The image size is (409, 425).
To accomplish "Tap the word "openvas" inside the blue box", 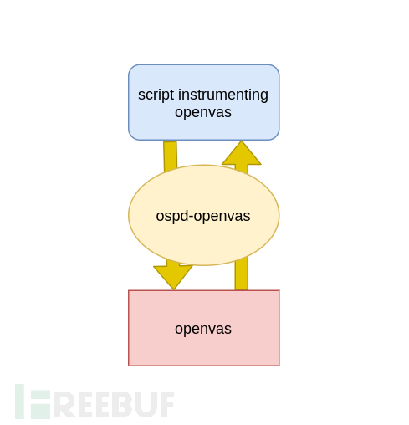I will (203, 112).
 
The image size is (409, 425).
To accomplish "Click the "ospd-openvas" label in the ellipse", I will (203, 216).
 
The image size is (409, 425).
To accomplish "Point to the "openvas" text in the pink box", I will (203, 329).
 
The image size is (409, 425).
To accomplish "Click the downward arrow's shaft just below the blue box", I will (170, 153).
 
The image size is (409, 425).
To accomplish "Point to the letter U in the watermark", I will (145, 404).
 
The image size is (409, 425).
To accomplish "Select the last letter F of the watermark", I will (166, 404).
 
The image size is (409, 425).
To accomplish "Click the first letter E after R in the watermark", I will (84, 404).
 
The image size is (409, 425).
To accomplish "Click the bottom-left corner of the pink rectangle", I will (129, 366).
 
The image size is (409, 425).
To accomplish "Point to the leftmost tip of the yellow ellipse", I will (129, 215).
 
